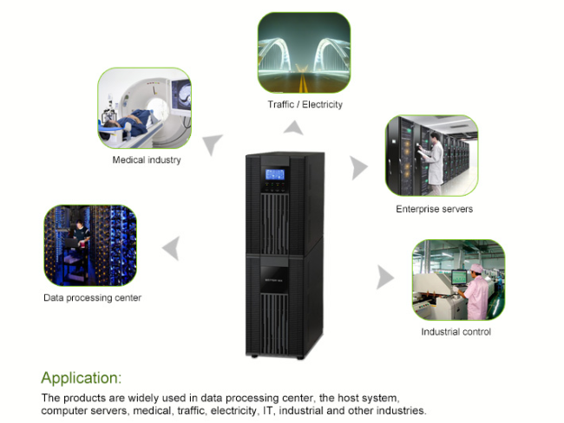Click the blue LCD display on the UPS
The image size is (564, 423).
click(275, 174)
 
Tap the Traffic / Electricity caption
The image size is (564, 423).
click(305, 105)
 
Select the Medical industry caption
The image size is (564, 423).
click(147, 160)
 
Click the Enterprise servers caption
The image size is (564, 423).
click(434, 209)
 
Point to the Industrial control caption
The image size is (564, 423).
click(456, 332)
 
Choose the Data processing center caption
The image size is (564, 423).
click(93, 298)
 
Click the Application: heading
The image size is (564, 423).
click(82, 378)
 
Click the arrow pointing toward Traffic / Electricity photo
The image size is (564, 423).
click(294, 128)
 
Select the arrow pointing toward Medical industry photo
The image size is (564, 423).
click(212, 144)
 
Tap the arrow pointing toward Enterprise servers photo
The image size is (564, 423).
click(358, 168)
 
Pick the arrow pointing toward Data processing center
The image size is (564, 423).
click(172, 248)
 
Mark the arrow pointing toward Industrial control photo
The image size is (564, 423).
click(385, 277)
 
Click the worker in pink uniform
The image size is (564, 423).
click(475, 293)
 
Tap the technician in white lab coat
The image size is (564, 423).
click(434, 164)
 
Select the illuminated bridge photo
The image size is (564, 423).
click(305, 53)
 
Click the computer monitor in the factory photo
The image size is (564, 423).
click(459, 277)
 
